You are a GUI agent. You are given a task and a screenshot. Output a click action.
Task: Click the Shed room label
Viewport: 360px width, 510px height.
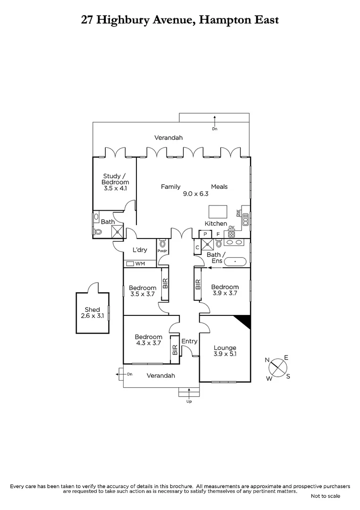tap(92, 313)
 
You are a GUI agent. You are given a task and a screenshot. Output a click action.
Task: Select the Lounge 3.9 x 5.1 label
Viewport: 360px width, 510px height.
tap(225, 351)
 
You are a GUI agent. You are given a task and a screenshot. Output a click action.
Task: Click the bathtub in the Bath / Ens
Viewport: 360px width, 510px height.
tap(234, 261)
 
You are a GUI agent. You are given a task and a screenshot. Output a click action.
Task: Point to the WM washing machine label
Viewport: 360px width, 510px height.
tap(140, 263)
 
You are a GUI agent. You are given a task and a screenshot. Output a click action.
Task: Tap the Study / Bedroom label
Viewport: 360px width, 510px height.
tap(116, 182)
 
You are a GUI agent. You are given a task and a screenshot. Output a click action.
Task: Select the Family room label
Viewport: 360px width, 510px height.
tap(171, 187)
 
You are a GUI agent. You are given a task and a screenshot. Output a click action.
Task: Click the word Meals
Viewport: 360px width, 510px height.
tap(219, 187)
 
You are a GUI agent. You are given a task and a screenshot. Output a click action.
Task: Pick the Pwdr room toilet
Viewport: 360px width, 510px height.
tap(163, 244)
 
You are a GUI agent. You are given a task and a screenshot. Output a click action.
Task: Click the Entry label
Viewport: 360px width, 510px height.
tap(189, 341)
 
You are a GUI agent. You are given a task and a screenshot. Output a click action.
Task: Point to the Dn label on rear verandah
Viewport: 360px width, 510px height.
tap(215, 128)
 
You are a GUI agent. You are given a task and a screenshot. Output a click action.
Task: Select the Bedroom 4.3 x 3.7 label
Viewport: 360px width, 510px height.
tap(148, 340)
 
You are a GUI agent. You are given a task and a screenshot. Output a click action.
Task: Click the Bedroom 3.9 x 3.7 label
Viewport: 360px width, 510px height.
tap(225, 290)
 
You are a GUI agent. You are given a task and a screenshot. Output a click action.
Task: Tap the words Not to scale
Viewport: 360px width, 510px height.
tap(326, 496)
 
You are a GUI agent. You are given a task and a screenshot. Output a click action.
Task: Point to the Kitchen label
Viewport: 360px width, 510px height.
tap(216, 223)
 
